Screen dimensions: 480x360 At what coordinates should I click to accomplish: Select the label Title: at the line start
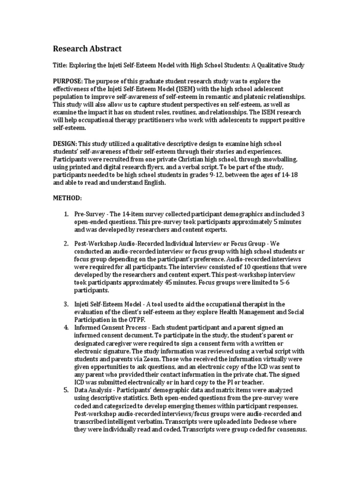60,66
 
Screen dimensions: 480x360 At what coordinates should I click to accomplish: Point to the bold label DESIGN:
65,143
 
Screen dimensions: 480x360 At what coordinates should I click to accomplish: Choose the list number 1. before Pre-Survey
66,214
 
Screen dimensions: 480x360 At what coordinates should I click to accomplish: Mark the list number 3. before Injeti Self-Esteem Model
66,304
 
